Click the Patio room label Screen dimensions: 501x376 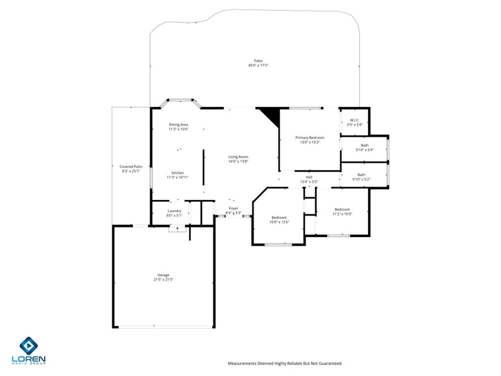(x=258, y=61)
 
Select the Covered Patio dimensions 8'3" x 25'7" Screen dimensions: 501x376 (x=130, y=171)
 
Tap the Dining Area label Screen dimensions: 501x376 (x=178, y=125)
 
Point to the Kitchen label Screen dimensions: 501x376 (x=177, y=173)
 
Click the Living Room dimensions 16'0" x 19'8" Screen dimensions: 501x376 (x=238, y=161)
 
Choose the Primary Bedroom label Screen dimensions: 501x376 (x=310, y=138)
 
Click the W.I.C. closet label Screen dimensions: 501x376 (x=355, y=120)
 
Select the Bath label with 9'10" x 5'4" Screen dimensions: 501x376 (x=365, y=145)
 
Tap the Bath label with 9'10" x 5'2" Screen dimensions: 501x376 (x=361, y=175)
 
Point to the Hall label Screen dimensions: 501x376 (x=309, y=177)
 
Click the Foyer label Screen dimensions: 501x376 (x=233, y=208)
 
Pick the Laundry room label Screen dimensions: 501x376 (x=174, y=211)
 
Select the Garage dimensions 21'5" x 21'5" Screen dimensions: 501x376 (x=164, y=280)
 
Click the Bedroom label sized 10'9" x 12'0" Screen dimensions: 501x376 (x=279, y=217)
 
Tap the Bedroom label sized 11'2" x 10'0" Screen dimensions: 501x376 (x=342, y=209)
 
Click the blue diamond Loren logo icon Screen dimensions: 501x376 (x=29, y=346)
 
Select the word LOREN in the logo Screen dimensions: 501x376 (x=29, y=359)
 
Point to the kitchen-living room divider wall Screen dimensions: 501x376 (x=204, y=167)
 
